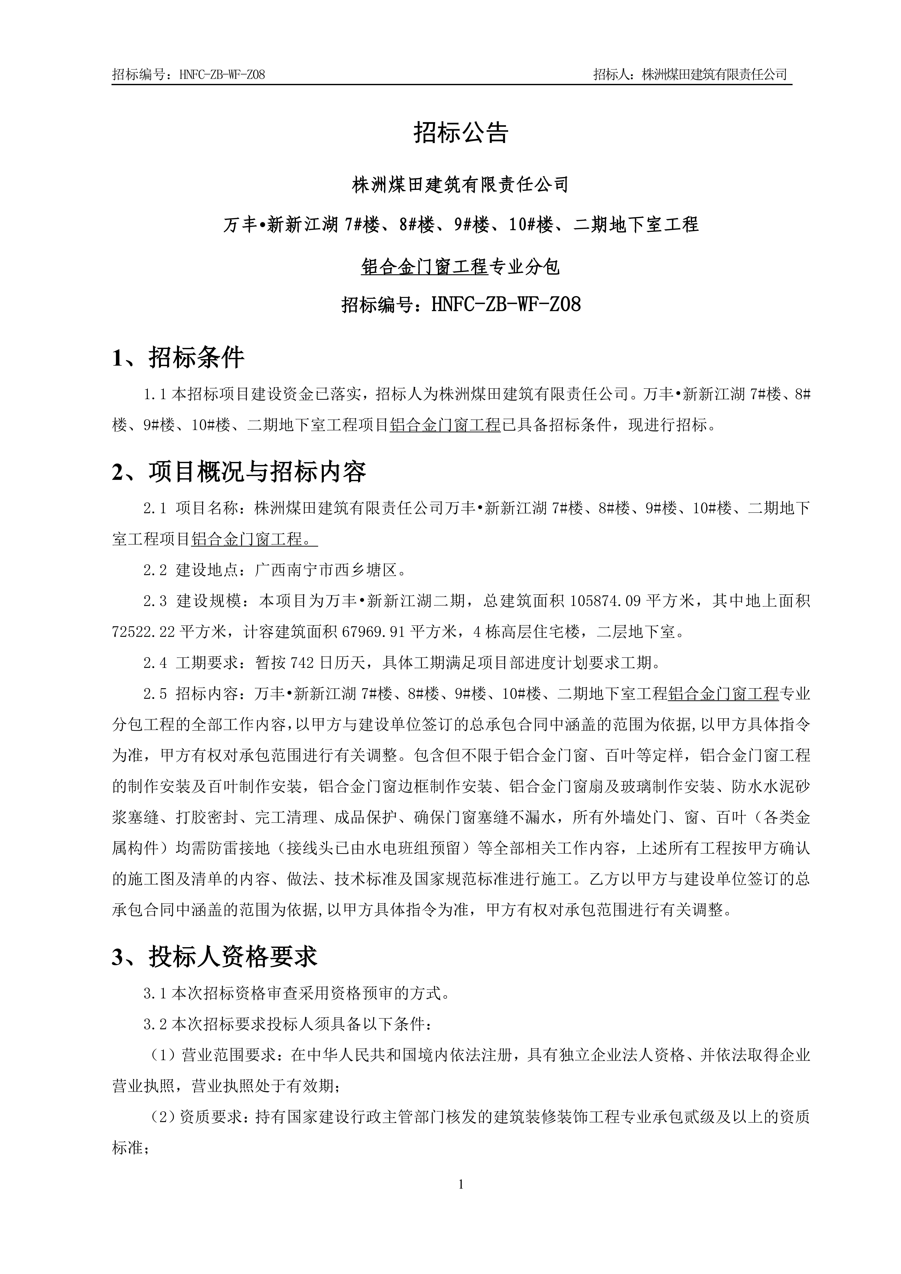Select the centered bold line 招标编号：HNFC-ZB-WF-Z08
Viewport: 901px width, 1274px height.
[x=461, y=305]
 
